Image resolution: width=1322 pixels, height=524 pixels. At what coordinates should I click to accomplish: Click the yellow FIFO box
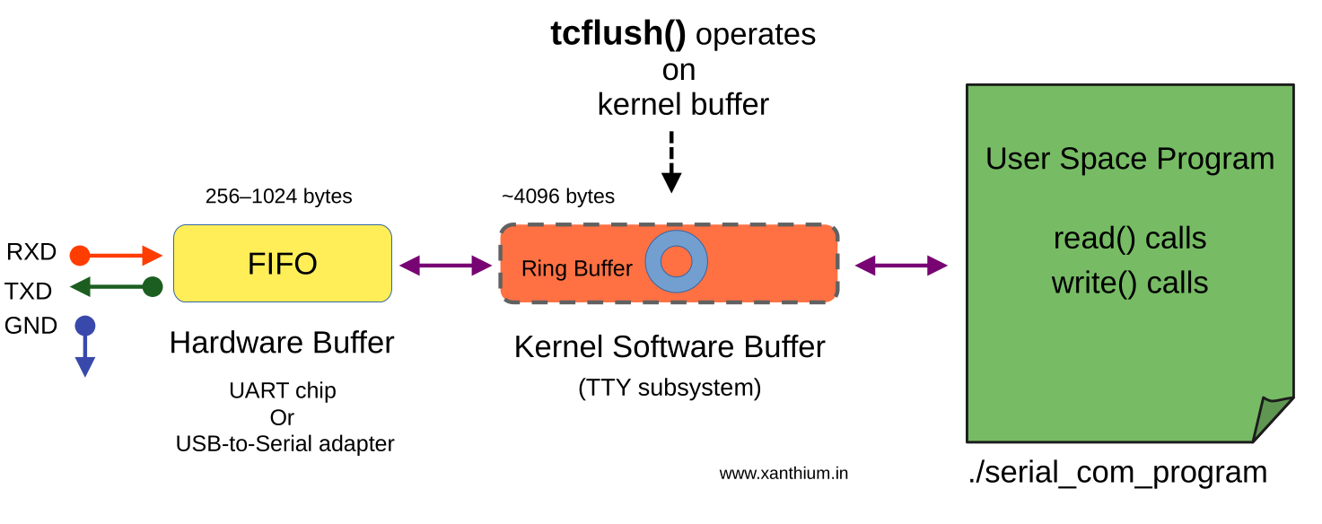[x=282, y=263]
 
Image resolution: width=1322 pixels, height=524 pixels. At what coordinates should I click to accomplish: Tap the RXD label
[x=31, y=253]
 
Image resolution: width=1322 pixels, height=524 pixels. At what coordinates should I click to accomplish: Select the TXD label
[x=28, y=291]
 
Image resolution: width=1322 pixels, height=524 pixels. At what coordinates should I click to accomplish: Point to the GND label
[x=31, y=326]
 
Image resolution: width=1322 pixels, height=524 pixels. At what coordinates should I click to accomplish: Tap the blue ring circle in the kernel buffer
[x=676, y=261]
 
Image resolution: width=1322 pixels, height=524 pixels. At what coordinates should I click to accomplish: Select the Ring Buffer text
[x=576, y=268]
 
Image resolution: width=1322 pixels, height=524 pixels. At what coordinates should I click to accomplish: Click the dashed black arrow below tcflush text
[x=671, y=162]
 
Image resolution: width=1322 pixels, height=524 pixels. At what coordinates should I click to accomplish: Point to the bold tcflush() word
[x=617, y=34]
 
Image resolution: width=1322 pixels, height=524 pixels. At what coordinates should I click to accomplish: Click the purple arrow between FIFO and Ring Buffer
[x=445, y=265]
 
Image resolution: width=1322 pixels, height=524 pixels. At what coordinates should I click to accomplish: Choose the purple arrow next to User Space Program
[x=901, y=265]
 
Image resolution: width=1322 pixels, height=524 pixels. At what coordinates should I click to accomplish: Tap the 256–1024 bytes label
[x=278, y=196]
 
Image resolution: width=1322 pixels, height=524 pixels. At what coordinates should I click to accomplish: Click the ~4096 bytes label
[x=557, y=196]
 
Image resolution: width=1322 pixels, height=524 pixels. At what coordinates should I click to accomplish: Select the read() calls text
[x=1129, y=239]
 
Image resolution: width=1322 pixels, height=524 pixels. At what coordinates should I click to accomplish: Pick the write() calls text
[x=1129, y=283]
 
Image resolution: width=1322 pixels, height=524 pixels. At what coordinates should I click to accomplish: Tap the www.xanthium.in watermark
[x=783, y=474]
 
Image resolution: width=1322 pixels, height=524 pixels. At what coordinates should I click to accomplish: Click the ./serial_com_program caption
[x=1116, y=472]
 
